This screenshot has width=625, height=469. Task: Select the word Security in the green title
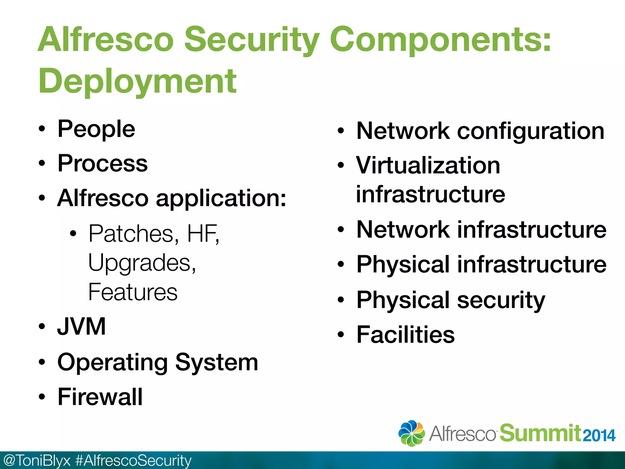252,40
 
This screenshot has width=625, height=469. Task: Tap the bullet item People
96,129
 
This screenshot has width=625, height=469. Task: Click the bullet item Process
103,164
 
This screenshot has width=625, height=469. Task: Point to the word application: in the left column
221,198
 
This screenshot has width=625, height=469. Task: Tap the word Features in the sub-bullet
133,292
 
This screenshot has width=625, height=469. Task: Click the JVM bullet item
81,327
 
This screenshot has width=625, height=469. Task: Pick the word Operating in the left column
112,363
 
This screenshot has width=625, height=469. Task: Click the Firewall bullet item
100,397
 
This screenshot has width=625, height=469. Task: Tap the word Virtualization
428,165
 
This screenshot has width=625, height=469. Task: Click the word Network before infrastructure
403,230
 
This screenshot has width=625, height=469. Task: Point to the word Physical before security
403,300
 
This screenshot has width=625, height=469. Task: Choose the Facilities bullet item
405,335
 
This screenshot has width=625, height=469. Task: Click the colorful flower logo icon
411,433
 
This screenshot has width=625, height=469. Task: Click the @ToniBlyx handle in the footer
37,460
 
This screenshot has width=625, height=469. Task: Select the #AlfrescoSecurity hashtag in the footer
133,460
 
